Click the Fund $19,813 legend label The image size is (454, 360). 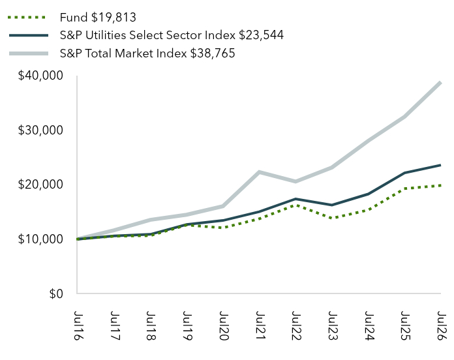[98, 18]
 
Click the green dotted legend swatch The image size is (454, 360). [27, 18]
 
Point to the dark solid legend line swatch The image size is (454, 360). [29, 35]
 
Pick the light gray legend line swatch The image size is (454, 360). [29, 53]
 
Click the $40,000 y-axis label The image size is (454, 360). [40, 76]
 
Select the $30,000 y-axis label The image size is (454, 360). [40, 130]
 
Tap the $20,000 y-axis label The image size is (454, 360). [40, 185]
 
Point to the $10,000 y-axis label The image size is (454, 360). [40, 239]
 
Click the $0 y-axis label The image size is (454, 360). [56, 293]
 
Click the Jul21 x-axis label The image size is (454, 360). [260, 325]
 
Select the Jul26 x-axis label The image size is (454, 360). [442, 325]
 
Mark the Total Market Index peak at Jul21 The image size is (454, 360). [260, 172]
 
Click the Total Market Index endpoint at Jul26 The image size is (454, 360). [440, 82]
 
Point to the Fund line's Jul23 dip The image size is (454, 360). [332, 218]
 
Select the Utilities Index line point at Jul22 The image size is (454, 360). [295, 199]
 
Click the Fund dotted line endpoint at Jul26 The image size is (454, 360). [440, 185]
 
